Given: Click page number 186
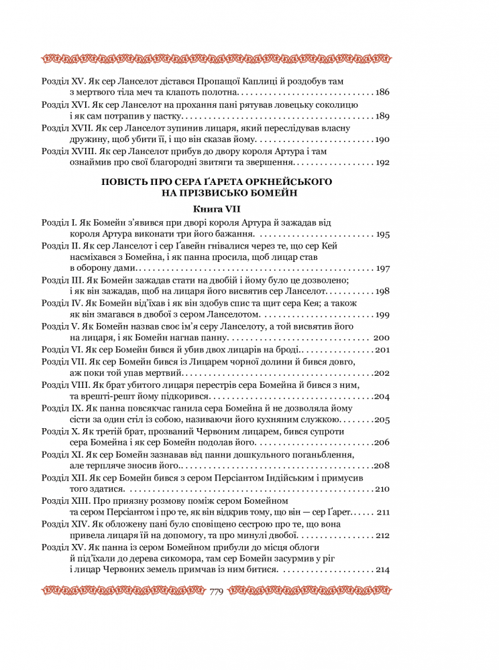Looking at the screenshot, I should point(382,91).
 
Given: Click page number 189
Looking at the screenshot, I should point(382,116).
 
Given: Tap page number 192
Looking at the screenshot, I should point(382,162).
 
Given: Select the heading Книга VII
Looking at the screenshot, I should point(216,208).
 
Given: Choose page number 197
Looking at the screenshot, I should point(382,268).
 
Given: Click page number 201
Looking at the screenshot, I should point(383,349).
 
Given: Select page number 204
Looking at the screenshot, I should point(382,395).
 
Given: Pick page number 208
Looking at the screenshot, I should point(382,465).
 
